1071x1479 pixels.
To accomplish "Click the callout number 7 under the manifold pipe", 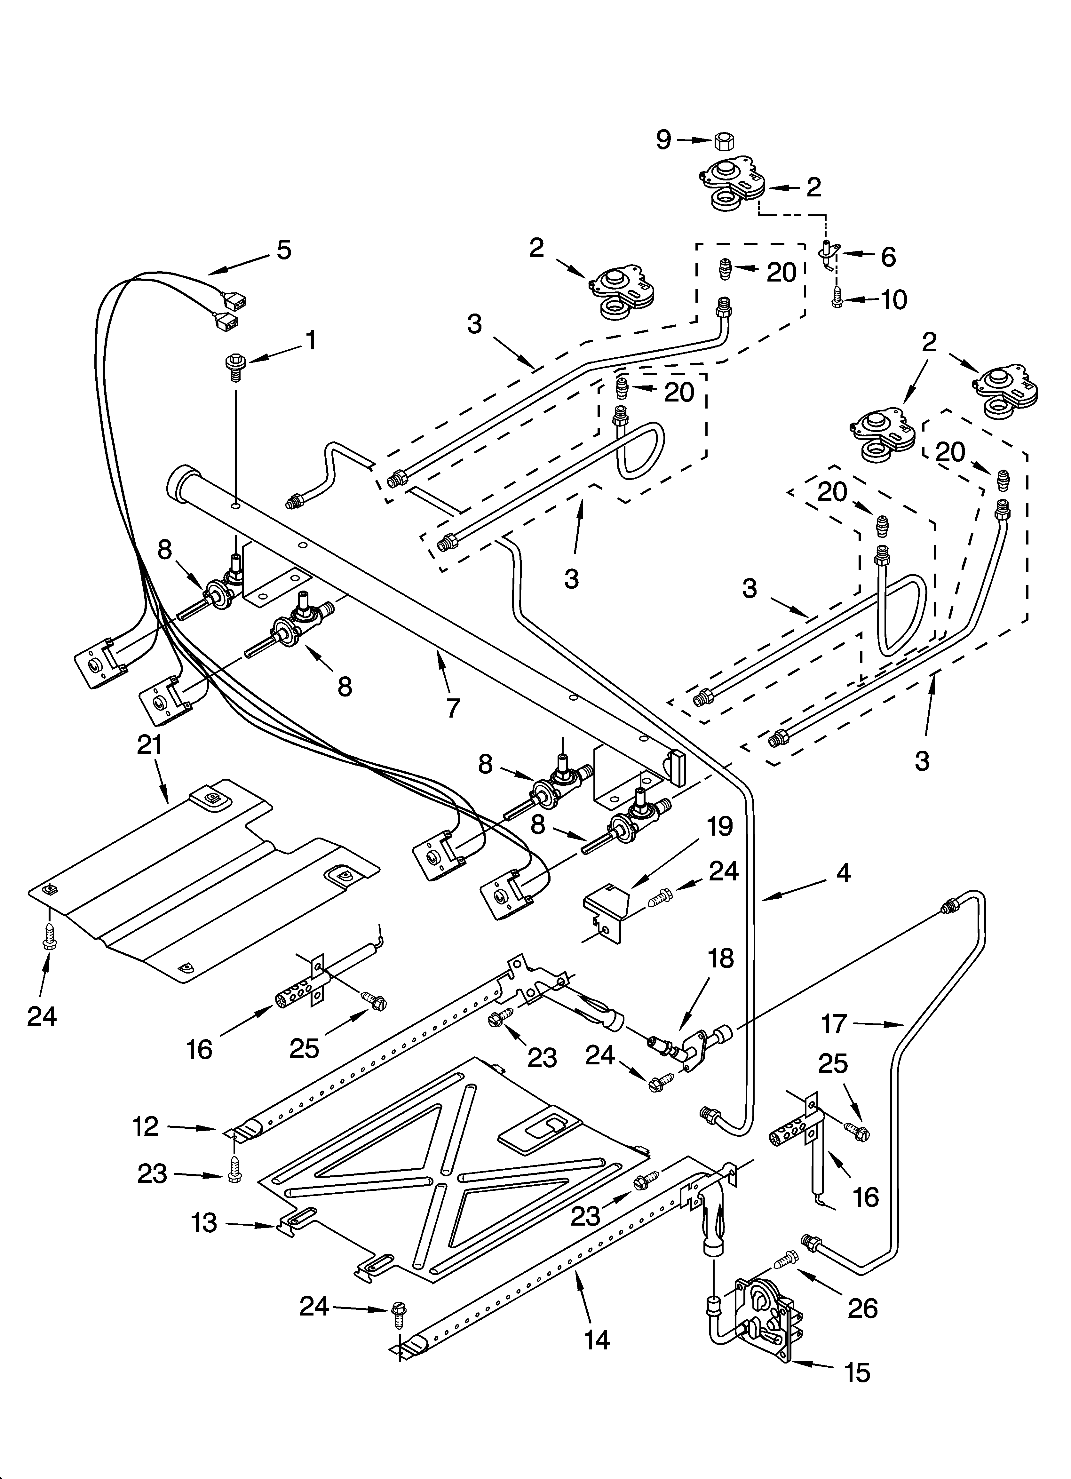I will point(452,708).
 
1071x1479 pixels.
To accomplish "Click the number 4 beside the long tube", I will point(843,873).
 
